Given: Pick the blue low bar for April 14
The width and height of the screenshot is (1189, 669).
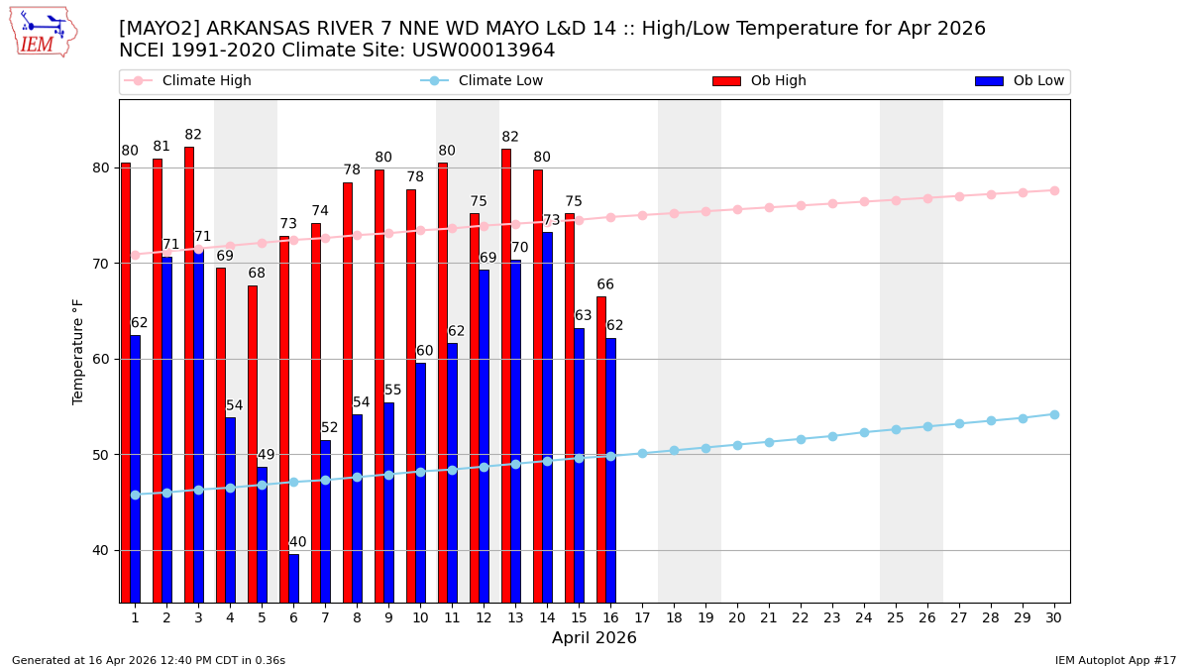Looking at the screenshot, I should click(547, 416).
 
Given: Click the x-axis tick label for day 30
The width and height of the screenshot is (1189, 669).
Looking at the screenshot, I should click(1054, 617).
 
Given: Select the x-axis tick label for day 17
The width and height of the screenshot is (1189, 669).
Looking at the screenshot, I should click(642, 617).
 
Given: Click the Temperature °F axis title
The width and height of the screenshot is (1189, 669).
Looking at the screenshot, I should click(79, 351).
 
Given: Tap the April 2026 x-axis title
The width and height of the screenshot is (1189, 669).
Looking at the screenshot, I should click(594, 638).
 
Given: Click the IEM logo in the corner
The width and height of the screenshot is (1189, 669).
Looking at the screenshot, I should click(43, 32).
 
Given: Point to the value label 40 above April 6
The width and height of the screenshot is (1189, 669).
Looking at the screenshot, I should click(297, 542).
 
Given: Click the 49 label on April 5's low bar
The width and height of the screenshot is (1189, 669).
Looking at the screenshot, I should click(266, 455).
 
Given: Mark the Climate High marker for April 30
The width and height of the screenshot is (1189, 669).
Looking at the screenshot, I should click(1054, 190).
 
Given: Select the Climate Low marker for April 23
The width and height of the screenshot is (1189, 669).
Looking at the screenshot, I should click(832, 436).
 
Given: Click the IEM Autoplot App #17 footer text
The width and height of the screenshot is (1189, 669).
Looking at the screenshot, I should click(1116, 660).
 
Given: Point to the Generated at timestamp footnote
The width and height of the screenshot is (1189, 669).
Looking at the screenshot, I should click(149, 660).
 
